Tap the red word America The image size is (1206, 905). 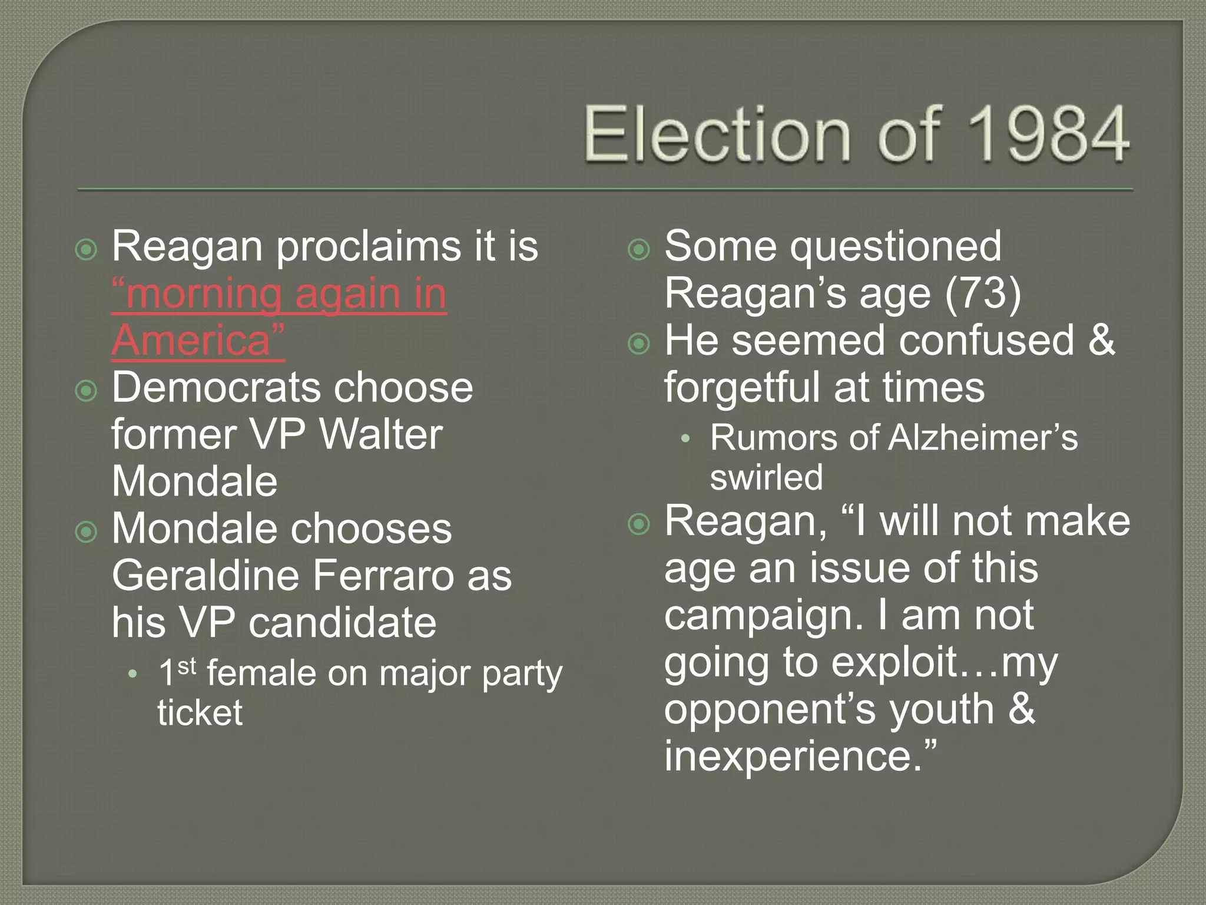pos(191,340)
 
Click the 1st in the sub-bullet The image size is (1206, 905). pos(177,672)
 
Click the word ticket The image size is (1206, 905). pos(200,712)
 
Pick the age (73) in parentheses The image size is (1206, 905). pos(983,293)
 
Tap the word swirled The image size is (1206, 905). pos(766,477)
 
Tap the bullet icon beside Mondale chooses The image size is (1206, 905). pos(87,532)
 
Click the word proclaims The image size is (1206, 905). pos(369,246)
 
